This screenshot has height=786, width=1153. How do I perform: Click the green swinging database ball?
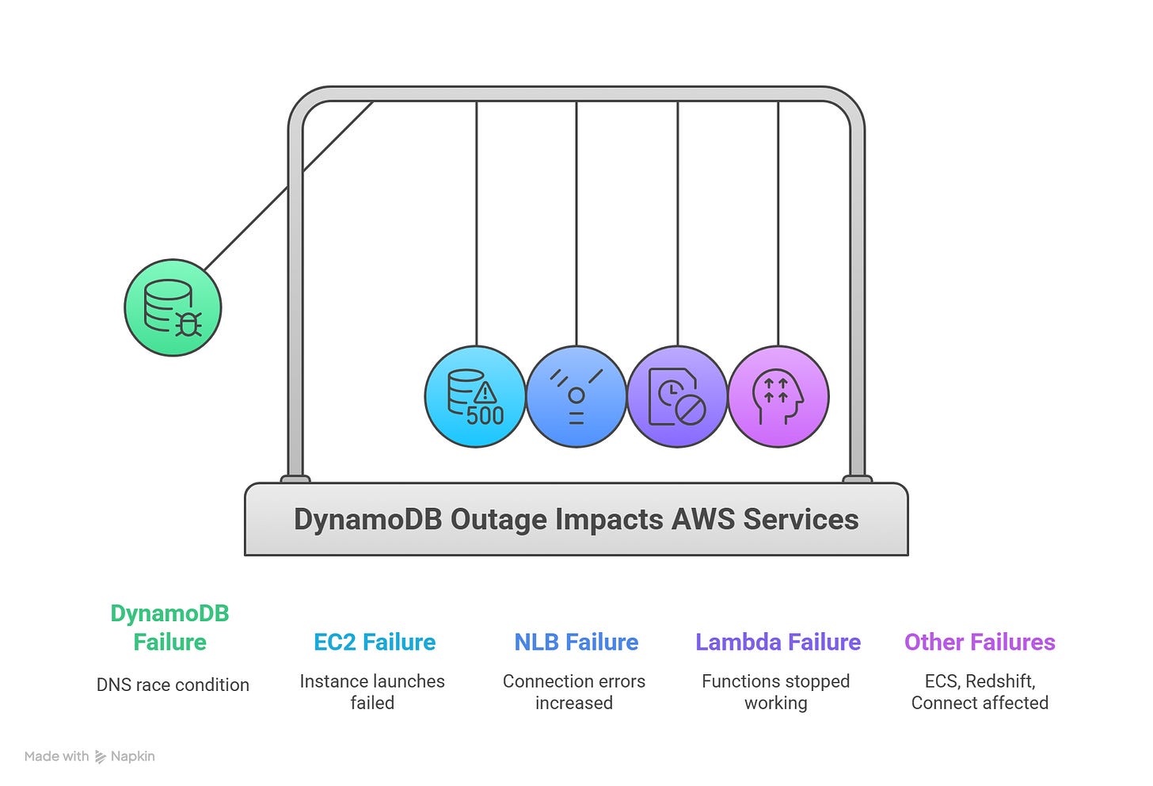(x=173, y=308)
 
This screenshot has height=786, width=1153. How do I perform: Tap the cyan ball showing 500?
(x=475, y=396)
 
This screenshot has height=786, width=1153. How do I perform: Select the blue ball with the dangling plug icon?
(x=576, y=396)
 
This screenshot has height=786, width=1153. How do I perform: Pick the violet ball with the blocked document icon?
(x=677, y=396)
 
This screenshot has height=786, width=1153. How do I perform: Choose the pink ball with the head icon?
(x=778, y=396)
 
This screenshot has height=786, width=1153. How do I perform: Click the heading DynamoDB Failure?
(x=169, y=628)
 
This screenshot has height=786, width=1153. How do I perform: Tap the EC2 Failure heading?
(x=375, y=642)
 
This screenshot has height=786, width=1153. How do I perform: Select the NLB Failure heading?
(x=576, y=642)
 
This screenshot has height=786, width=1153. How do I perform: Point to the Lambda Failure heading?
(x=778, y=642)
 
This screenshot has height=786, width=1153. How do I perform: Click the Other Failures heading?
(x=980, y=642)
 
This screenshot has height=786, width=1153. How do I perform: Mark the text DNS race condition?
(x=173, y=685)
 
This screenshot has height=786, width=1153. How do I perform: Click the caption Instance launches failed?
(x=372, y=692)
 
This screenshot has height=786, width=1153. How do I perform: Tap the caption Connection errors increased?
(x=574, y=692)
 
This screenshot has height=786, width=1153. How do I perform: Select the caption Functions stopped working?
(x=776, y=692)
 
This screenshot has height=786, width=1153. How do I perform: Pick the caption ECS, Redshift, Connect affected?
(x=980, y=692)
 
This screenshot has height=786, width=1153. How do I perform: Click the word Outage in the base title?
(x=499, y=520)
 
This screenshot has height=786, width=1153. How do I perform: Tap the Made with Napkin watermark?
(x=89, y=757)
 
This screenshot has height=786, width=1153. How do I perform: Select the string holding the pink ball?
(x=778, y=222)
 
